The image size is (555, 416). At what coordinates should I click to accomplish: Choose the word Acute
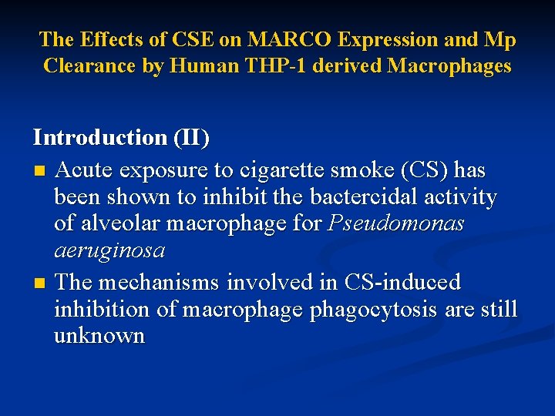click(x=83, y=169)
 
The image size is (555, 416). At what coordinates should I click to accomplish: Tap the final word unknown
click(x=99, y=336)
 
